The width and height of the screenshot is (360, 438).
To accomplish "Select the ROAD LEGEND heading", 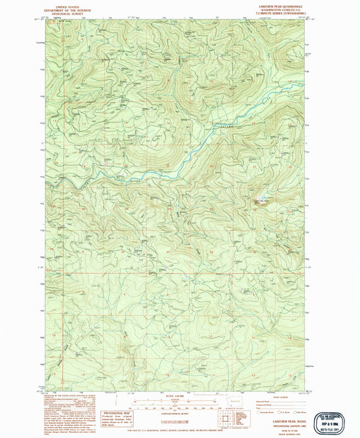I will pyautogui.click(x=267, y=398).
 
